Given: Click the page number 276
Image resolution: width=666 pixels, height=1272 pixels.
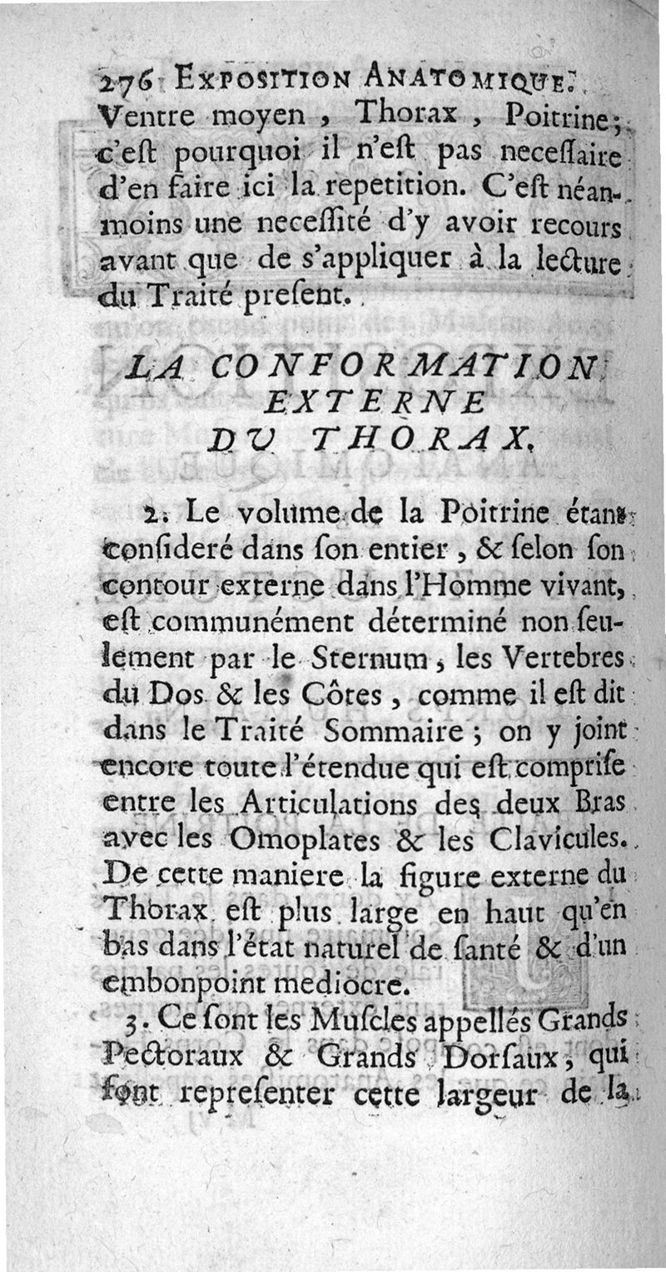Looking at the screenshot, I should click(x=122, y=82).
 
